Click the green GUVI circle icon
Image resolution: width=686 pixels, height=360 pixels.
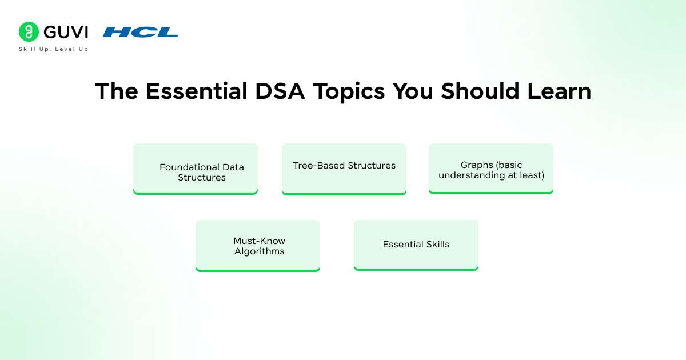(29, 32)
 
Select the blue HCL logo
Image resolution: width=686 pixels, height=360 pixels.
(141, 32)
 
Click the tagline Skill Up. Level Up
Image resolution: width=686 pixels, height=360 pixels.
(54, 49)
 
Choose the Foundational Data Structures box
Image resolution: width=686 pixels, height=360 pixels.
(196, 169)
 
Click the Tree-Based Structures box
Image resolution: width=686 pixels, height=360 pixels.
(344, 169)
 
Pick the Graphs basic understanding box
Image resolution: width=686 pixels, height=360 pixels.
(491, 168)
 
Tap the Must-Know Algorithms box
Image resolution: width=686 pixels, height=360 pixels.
(258, 245)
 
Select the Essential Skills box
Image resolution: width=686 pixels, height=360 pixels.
(416, 244)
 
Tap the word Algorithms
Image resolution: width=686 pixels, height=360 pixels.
(259, 251)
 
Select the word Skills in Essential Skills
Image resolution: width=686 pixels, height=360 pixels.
(436, 245)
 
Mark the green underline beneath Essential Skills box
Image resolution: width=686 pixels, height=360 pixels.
(416, 269)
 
